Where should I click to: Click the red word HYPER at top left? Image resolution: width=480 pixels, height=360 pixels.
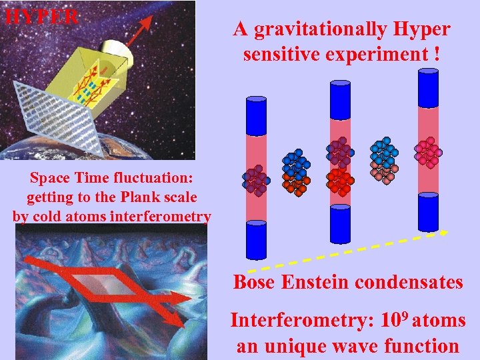click(41, 16)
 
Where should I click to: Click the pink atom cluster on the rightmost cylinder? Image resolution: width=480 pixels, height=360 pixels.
click(428, 153)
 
